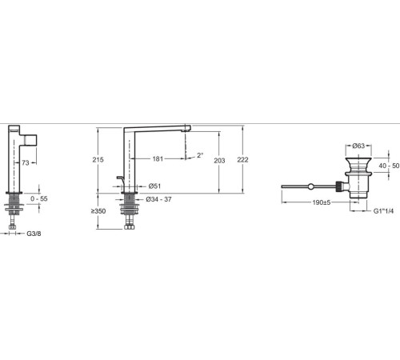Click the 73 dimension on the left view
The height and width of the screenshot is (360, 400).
[x=26, y=162]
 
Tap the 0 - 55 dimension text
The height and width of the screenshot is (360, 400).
[x=39, y=198]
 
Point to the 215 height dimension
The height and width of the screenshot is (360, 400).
[x=98, y=160]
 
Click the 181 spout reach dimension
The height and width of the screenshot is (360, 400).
[x=158, y=159]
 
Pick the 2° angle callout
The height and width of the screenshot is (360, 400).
[x=200, y=155]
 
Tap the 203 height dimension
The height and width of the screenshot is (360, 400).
[x=219, y=161]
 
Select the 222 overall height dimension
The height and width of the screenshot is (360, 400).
[x=242, y=160]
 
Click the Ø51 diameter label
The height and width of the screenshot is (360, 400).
[x=154, y=186]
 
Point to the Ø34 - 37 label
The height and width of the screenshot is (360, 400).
[x=158, y=199]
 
